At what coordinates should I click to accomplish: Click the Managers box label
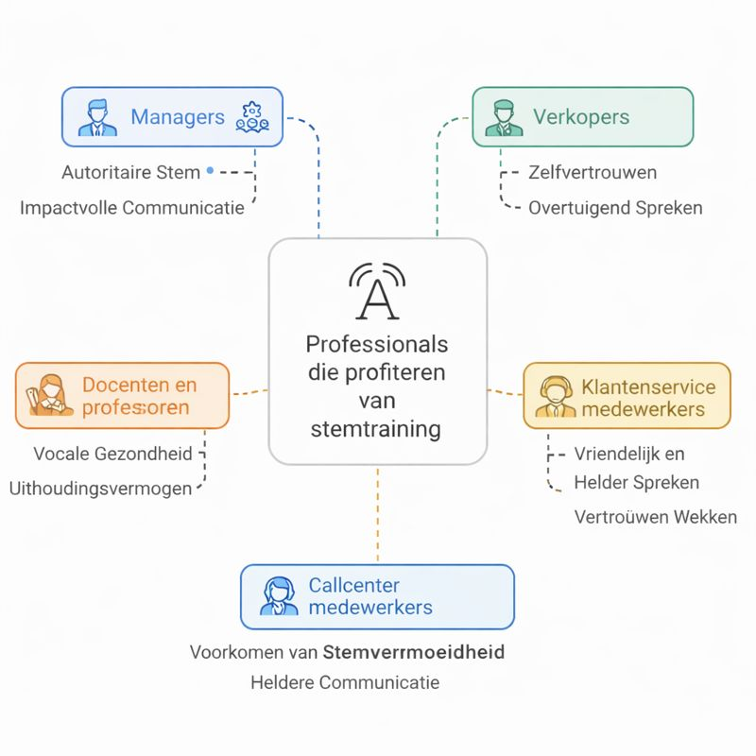pos(178,117)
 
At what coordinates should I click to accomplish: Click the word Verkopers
pos(581,117)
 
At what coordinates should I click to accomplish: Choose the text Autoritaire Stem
pos(130,172)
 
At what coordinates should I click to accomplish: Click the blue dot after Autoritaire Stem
pos(209,172)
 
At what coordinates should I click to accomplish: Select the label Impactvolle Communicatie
pos(132,208)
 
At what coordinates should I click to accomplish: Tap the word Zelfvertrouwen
pos(593,172)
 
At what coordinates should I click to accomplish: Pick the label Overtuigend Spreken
pos(615,208)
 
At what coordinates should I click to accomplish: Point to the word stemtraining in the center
pos(376,429)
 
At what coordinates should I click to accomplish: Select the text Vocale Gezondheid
pos(112,454)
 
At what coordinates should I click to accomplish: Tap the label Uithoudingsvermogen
pos(100,489)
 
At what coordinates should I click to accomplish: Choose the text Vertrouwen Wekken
pos(655,517)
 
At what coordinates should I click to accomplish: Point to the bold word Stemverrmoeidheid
pos(413,651)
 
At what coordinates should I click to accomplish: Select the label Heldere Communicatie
pos(345,682)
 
